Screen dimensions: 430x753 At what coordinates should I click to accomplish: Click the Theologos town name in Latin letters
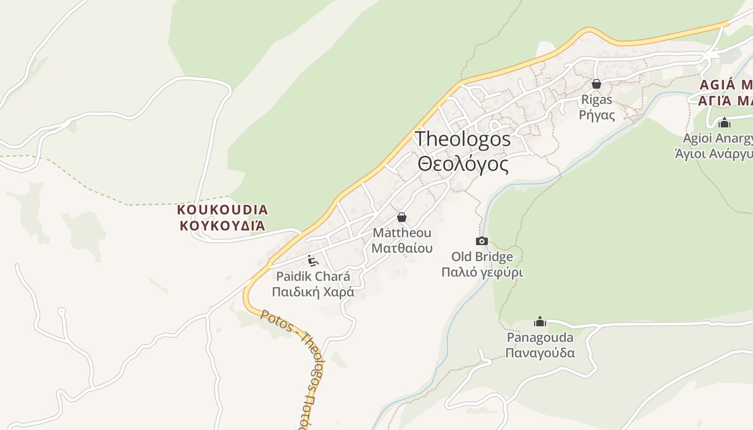pyautogui.click(x=463, y=139)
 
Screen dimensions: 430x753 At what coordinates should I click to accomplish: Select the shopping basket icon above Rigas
pyautogui.click(x=596, y=84)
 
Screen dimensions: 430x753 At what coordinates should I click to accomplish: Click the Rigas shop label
pyautogui.click(x=596, y=100)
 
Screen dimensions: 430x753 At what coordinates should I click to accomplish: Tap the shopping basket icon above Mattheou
pyautogui.click(x=401, y=217)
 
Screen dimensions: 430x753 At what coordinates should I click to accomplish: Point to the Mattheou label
pyautogui.click(x=402, y=233)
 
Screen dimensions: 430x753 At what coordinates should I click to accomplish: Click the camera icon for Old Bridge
pyautogui.click(x=482, y=241)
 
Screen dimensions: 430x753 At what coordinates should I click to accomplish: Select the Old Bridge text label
pyautogui.click(x=482, y=257)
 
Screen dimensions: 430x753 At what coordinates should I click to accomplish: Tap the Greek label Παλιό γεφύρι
pyautogui.click(x=482, y=273)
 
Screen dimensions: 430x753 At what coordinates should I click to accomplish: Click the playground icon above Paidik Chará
pyautogui.click(x=313, y=261)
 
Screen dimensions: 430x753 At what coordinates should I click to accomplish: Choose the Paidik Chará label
pyautogui.click(x=312, y=277)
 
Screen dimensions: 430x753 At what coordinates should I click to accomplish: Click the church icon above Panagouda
pyautogui.click(x=539, y=321)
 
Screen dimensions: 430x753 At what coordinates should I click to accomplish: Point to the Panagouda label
pyautogui.click(x=540, y=338)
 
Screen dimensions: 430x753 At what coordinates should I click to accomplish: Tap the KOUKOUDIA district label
pyautogui.click(x=222, y=210)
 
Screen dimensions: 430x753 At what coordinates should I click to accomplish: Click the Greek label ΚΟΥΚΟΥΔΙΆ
pyautogui.click(x=222, y=225)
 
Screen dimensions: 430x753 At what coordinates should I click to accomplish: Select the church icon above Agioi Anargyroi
pyautogui.click(x=724, y=123)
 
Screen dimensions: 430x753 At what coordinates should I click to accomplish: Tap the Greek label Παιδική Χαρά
pyautogui.click(x=312, y=292)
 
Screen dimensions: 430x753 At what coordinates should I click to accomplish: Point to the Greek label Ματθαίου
pyautogui.click(x=402, y=248)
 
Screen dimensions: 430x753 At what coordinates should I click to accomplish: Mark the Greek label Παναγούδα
pyautogui.click(x=540, y=353)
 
